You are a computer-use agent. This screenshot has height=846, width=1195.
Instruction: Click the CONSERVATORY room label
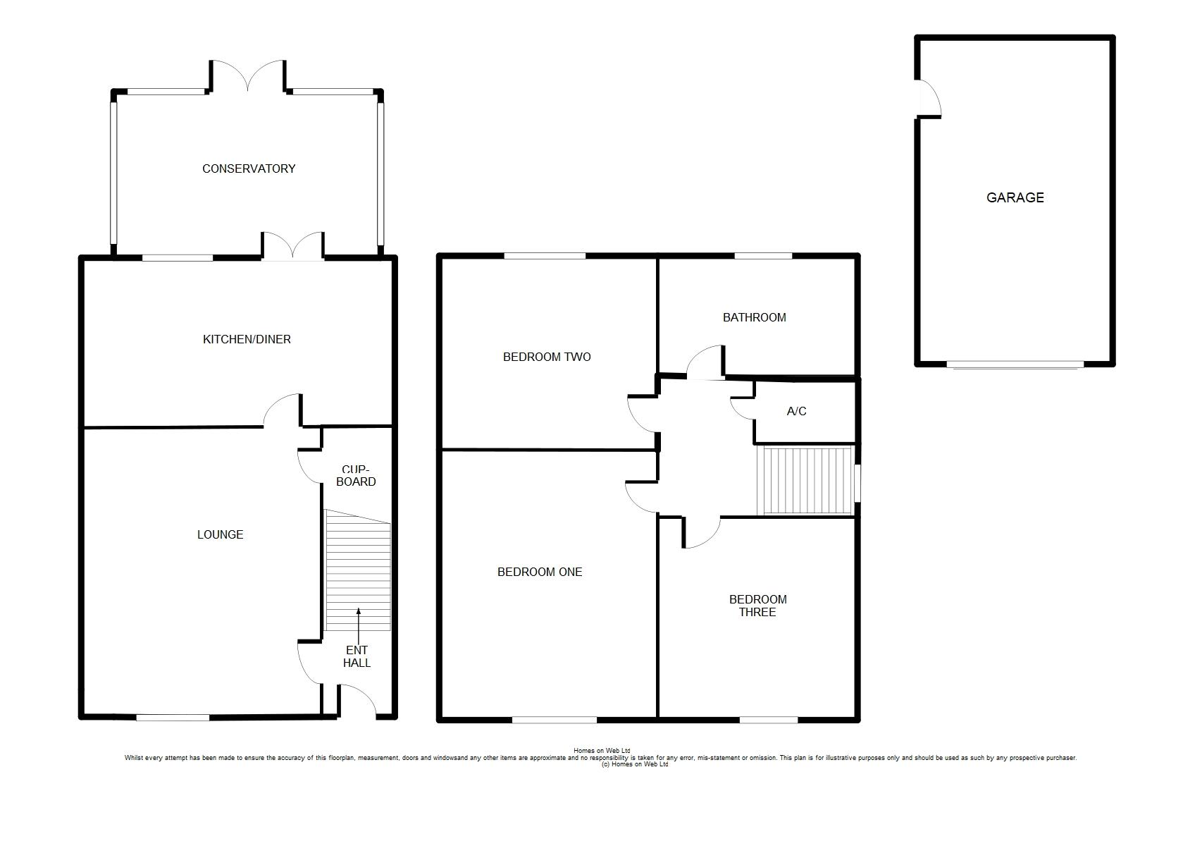[249, 168]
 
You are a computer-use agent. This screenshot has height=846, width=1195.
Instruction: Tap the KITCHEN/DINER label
[247, 340]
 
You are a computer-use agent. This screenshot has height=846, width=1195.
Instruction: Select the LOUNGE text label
[221, 534]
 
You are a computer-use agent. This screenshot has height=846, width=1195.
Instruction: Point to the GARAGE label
[1015, 197]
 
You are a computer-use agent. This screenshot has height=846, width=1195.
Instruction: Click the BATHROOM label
[755, 317]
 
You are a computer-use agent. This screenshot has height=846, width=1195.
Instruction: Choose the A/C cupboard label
[796, 411]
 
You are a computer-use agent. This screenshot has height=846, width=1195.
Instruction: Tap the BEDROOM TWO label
[547, 357]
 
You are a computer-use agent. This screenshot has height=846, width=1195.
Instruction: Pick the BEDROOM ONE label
[540, 572]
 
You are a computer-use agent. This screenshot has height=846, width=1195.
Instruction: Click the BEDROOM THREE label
[757, 606]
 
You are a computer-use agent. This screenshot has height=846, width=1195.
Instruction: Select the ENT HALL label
[357, 656]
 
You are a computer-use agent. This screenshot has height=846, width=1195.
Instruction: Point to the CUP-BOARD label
[356, 476]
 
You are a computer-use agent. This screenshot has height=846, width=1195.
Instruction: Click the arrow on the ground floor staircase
[359, 627]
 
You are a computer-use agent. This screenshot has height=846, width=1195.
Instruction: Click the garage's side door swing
[929, 98]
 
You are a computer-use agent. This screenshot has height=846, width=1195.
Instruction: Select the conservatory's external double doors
[247, 75]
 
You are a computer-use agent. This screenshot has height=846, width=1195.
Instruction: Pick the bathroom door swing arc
[704, 362]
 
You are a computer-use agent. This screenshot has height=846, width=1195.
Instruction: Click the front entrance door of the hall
[357, 700]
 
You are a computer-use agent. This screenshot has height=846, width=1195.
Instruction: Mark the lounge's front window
[173, 718]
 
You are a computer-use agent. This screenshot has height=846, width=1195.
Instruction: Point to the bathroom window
[763, 256]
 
